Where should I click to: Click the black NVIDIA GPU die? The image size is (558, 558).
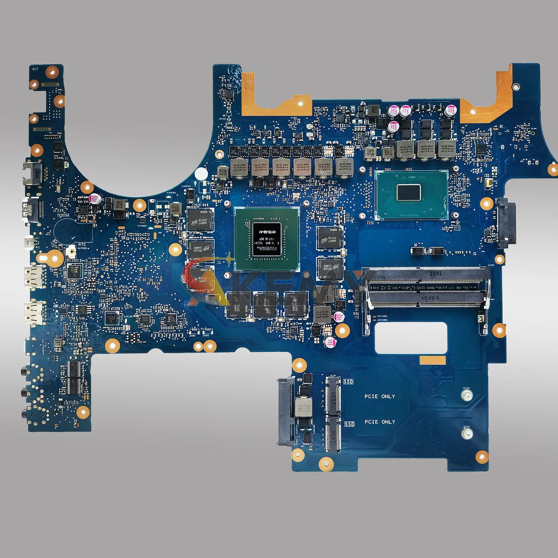267,239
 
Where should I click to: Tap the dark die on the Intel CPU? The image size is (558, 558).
408,193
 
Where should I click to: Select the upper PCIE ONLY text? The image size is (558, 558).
380,396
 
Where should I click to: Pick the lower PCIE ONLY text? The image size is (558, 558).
380,422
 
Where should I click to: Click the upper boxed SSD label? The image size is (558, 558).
348,382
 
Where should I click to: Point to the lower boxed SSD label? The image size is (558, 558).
349,424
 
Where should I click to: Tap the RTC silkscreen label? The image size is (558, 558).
82,244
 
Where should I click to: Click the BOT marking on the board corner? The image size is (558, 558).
35,69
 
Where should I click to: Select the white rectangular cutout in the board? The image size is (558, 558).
411,338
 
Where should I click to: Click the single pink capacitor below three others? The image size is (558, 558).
393,126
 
